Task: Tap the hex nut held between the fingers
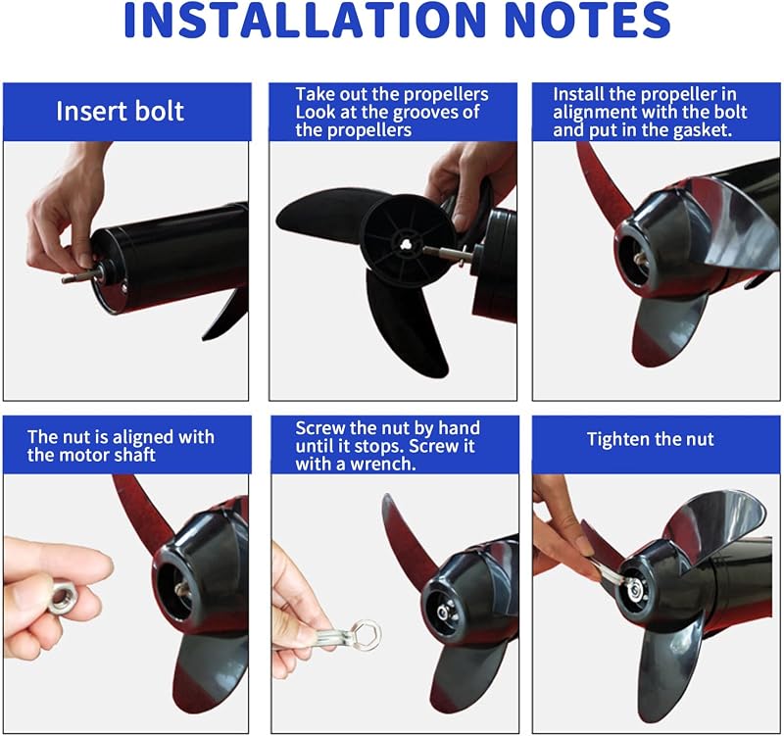click(63, 596)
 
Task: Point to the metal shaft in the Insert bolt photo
click(82, 275)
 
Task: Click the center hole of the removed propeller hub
click(406, 243)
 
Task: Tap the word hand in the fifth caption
click(459, 428)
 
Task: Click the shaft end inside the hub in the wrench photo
click(443, 613)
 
